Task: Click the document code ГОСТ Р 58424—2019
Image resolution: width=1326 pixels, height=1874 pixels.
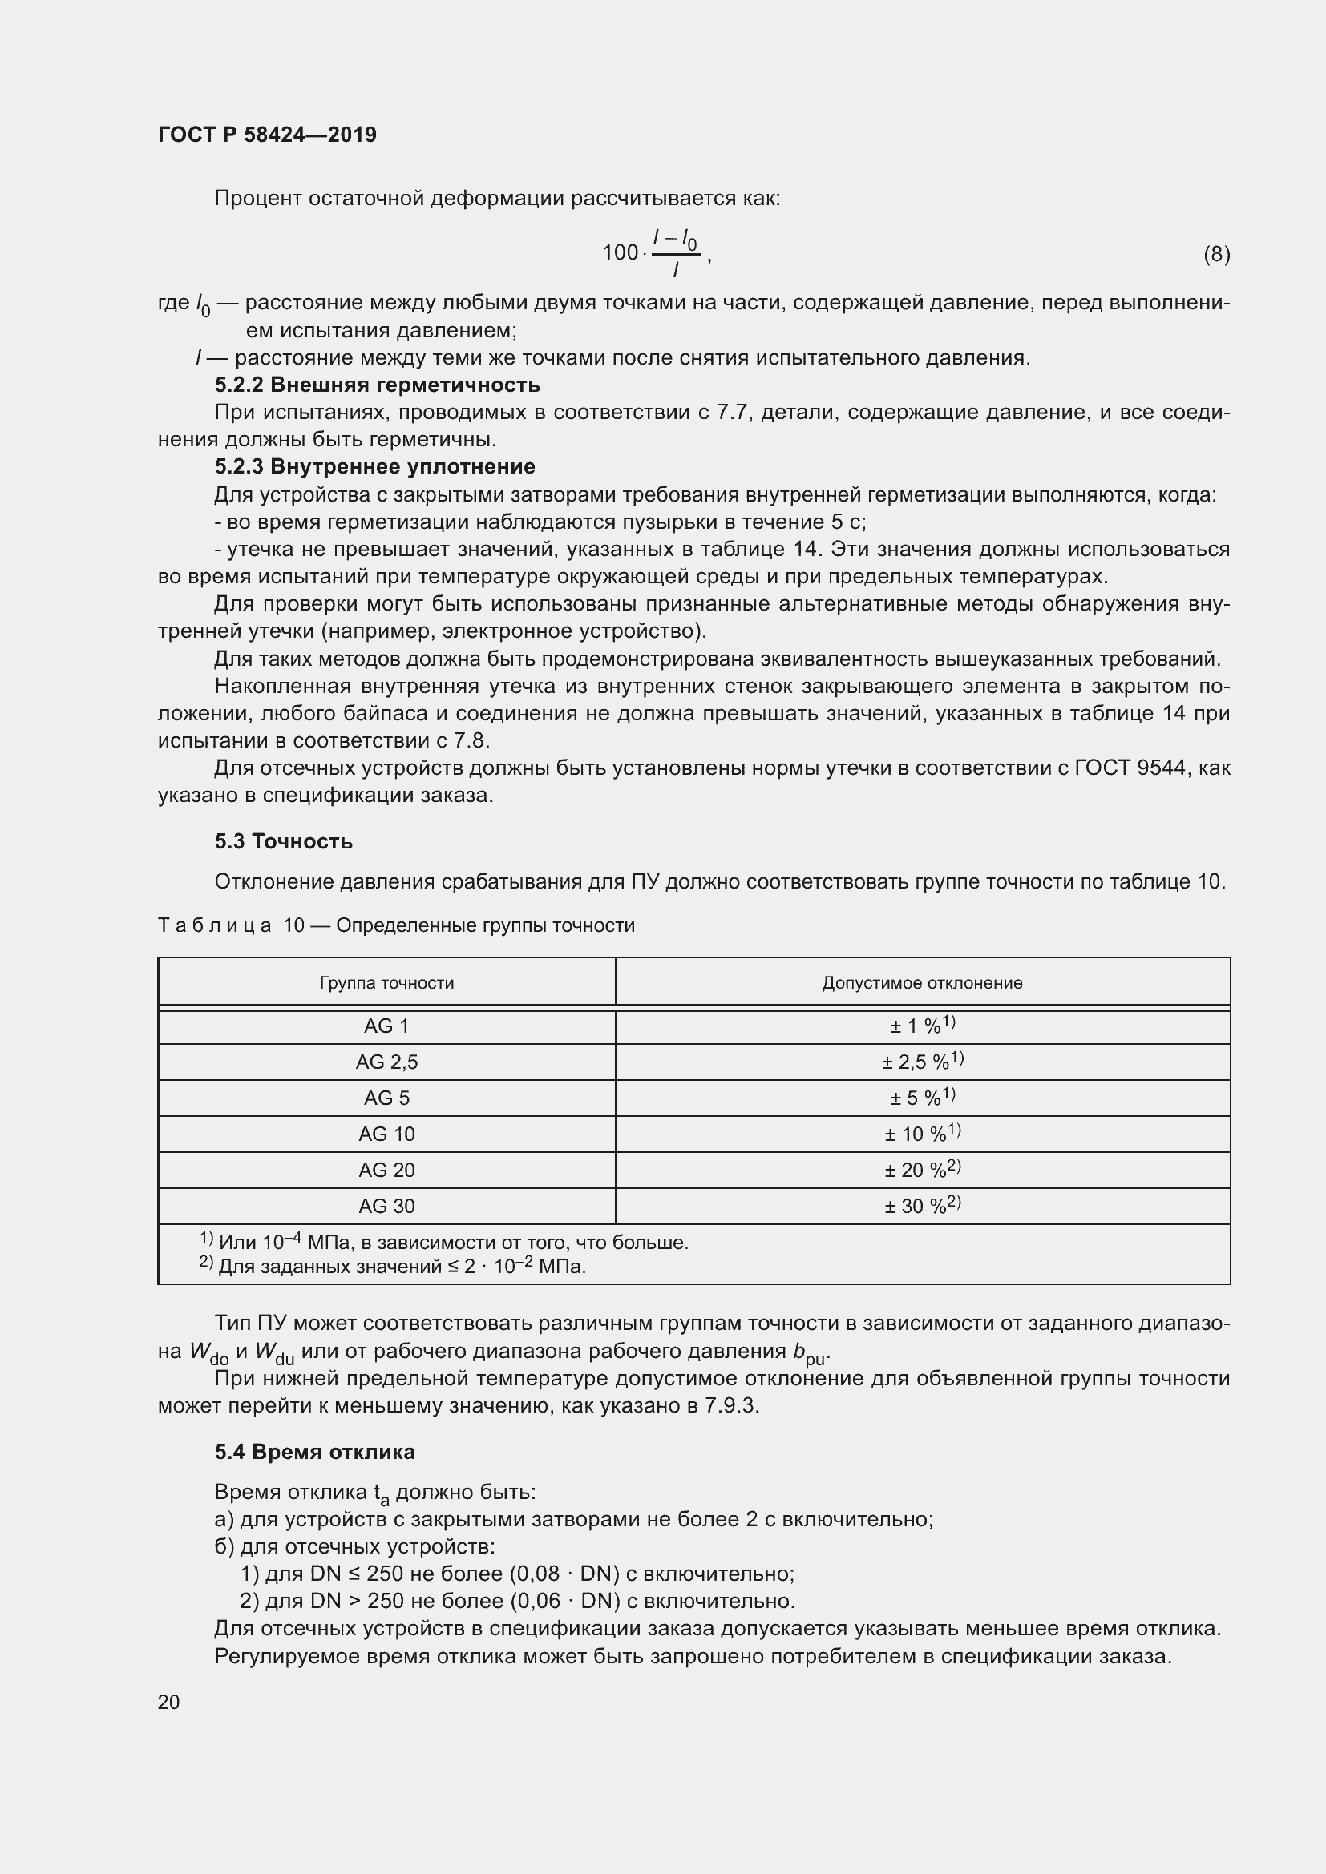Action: coord(267,135)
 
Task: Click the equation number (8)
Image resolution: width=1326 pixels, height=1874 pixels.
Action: coord(1216,254)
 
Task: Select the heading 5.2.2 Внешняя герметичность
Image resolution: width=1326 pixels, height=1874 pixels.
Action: coord(378,385)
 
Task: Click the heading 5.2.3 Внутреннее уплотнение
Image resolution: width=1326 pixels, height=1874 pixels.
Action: coord(374,467)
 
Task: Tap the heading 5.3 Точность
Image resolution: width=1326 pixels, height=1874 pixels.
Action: coord(283,841)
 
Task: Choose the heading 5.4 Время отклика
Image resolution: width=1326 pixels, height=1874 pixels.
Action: coord(314,1452)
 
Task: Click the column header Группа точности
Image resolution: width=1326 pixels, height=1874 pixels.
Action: coord(386,983)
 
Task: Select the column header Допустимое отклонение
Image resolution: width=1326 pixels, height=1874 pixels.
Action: coord(922,983)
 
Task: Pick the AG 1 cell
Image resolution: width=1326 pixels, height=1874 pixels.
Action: coord(386,1027)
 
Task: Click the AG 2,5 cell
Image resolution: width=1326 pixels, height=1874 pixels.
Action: coord(386,1062)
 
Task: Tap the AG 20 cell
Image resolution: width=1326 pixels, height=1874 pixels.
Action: coord(386,1170)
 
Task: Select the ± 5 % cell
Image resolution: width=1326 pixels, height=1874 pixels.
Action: coord(922,1098)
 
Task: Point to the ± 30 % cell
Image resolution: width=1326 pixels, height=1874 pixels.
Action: coord(922,1206)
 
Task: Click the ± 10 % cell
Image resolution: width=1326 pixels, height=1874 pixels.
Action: coord(922,1134)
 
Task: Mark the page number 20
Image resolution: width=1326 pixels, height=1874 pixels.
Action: coord(168,1702)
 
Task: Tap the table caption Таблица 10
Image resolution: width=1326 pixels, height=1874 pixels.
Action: coord(395,925)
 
